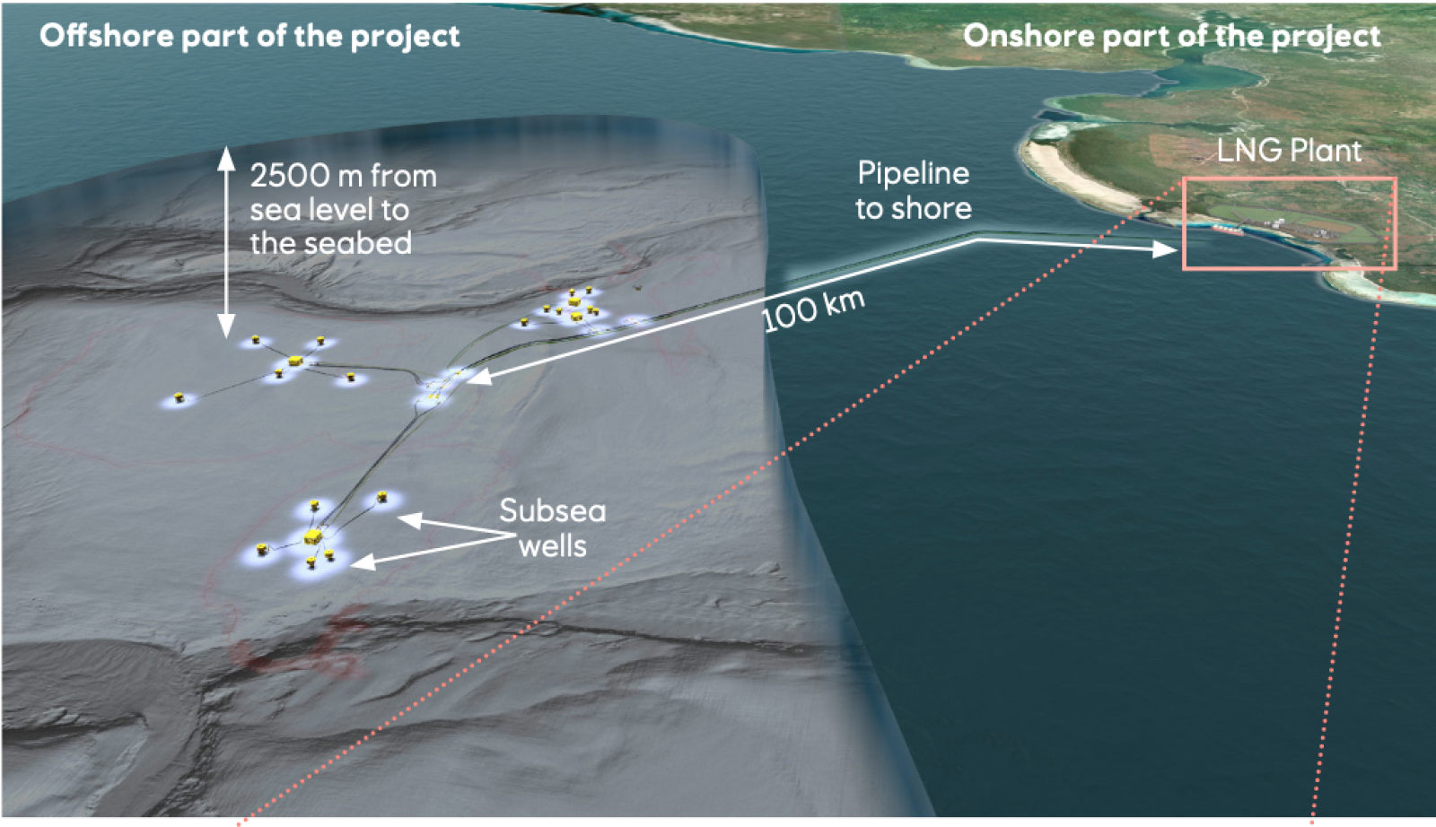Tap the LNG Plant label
[1289, 151]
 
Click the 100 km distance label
[813, 310]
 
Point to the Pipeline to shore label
[913, 190]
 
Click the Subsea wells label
[552, 528]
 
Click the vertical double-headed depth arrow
[226, 242]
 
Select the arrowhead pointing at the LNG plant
[1165, 249]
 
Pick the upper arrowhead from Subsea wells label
[409, 519]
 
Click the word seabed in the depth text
[368, 244]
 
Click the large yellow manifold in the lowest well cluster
[311, 537]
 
